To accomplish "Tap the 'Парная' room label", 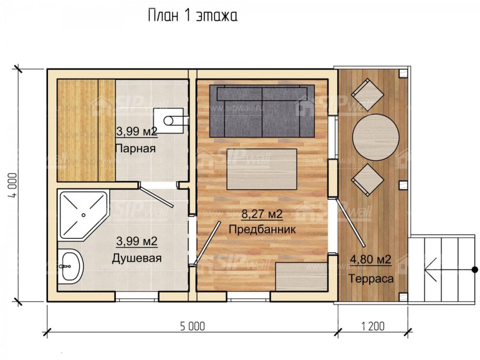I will pyautogui.click(x=136, y=148).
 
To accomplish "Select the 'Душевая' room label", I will pyautogui.click(x=137, y=258).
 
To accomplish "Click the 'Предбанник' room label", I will pyautogui.click(x=262, y=230).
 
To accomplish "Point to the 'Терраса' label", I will pyautogui.click(x=370, y=279).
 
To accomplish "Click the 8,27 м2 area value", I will pyautogui.click(x=262, y=214).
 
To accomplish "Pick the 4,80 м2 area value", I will pyautogui.click(x=370, y=259).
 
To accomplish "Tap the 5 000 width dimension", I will pyautogui.click(x=191, y=326).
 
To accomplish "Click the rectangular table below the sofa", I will pyautogui.click(x=262, y=169).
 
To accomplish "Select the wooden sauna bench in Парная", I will pyautogui.click(x=85, y=130).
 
